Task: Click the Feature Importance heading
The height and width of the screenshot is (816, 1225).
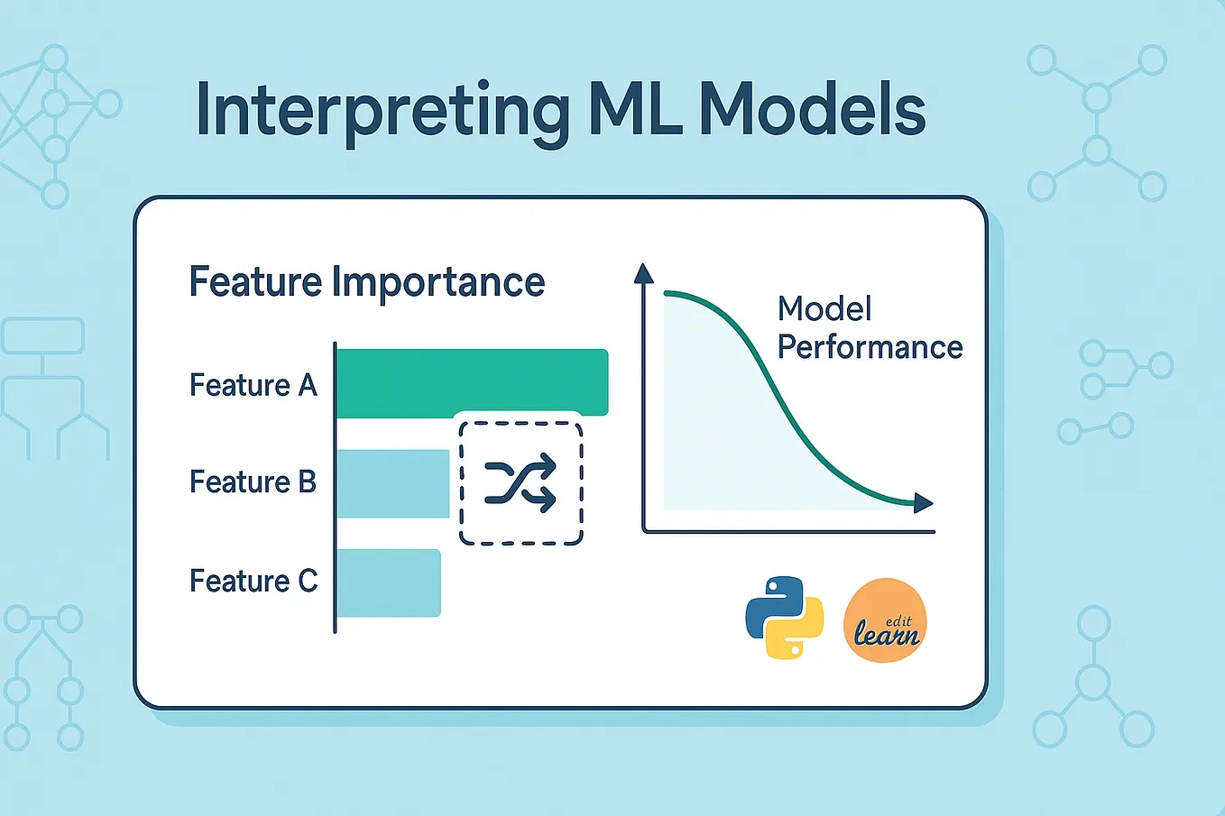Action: click(x=366, y=282)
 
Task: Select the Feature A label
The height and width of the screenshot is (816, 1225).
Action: click(x=253, y=386)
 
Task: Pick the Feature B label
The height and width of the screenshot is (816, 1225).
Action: click(x=253, y=482)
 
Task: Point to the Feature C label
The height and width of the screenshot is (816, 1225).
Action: click(x=253, y=582)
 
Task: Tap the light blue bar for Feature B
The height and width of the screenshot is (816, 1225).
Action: click(x=392, y=484)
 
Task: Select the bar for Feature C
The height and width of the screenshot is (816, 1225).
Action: click(x=388, y=583)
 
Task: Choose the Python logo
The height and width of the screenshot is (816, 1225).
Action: click(x=785, y=618)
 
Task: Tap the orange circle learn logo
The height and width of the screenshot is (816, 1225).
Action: click(x=885, y=621)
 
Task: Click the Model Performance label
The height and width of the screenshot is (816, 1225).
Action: click(x=870, y=328)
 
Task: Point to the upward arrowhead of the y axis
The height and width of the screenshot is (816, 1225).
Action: click(x=643, y=273)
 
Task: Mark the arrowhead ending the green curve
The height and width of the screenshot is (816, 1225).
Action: click(x=923, y=503)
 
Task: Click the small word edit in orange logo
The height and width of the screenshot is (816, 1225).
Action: click(x=898, y=620)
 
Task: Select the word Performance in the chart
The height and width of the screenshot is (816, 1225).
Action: click(x=870, y=348)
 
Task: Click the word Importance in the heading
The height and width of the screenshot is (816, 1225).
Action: click(x=438, y=282)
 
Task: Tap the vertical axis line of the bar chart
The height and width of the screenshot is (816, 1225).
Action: click(x=335, y=487)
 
